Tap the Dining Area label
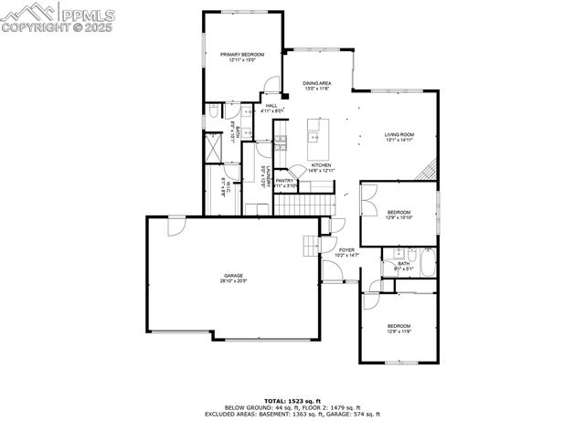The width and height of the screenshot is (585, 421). pyautogui.click(x=316, y=84)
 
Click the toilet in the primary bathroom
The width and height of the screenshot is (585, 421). pyautogui.click(x=213, y=111)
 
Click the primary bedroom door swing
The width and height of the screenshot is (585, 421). pyautogui.click(x=271, y=89)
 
